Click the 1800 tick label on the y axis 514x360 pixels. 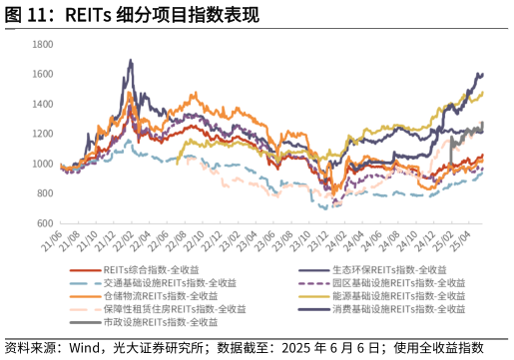(42, 45)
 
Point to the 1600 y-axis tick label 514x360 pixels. (42, 75)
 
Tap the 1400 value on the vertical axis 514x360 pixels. (42, 105)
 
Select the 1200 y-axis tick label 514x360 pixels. (42, 135)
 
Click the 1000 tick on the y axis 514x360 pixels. (42, 164)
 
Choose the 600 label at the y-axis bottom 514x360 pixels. (44, 223)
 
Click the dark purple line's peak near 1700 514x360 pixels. (131, 61)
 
